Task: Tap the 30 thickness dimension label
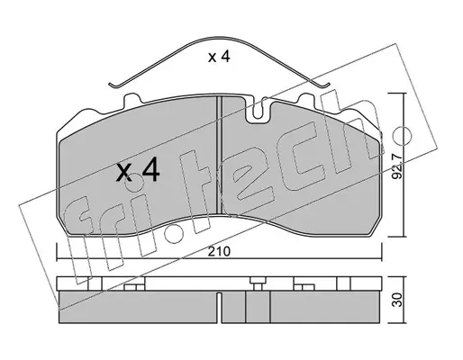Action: [397, 300]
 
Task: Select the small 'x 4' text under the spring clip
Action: [219, 57]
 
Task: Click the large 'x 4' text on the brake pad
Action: [138, 172]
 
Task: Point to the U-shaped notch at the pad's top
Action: [259, 111]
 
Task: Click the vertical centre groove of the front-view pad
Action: [219, 155]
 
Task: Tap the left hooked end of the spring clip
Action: [114, 85]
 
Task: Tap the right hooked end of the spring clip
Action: [325, 85]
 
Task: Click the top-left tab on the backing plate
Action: [132, 100]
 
